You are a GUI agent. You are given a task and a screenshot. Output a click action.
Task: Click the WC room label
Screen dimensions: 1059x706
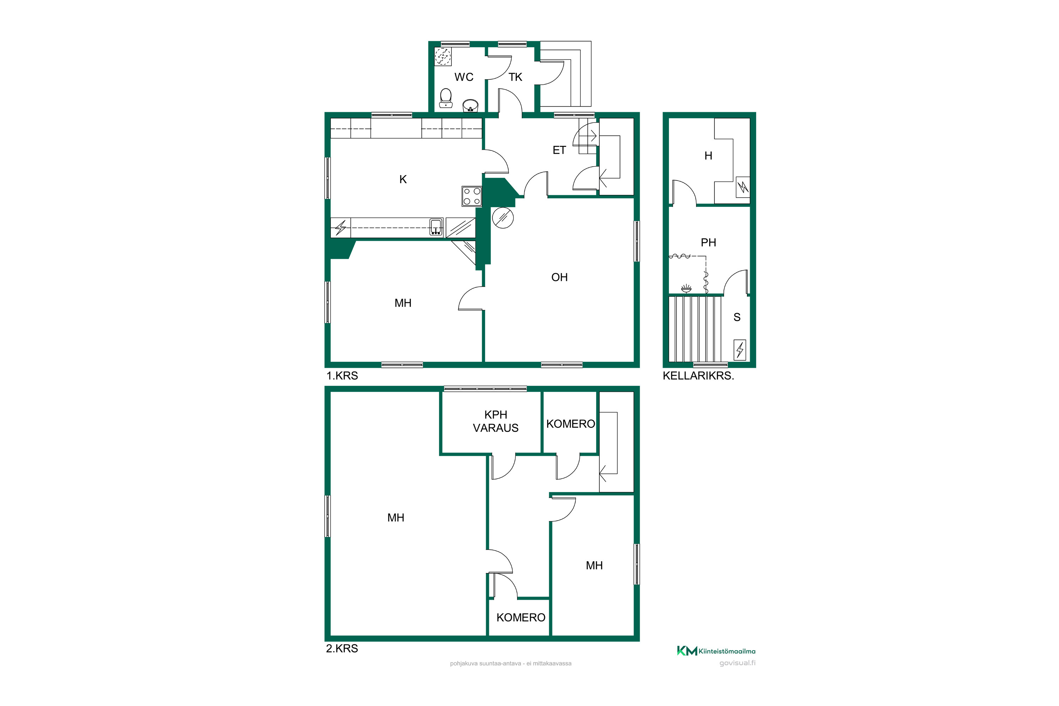click(464, 77)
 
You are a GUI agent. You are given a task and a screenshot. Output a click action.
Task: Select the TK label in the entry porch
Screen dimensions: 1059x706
click(515, 77)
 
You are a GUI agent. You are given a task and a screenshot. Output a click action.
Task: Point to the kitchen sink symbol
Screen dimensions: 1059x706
click(435, 227)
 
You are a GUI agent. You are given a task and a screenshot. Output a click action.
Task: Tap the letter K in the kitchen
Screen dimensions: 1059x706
click(403, 179)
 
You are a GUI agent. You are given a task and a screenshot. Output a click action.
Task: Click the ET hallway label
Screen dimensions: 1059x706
click(559, 150)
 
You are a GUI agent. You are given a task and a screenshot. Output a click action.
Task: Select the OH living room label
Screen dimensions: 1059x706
click(559, 277)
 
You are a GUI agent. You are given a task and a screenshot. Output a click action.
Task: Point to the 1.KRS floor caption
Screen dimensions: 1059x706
click(342, 376)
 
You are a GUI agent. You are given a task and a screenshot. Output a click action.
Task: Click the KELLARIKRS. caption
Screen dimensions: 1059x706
click(698, 376)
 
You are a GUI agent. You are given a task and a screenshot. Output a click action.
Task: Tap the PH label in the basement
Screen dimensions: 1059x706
click(708, 242)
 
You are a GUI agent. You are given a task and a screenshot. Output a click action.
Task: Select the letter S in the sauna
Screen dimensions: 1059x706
click(737, 317)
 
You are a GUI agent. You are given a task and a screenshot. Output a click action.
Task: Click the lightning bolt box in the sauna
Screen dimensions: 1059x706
click(740, 349)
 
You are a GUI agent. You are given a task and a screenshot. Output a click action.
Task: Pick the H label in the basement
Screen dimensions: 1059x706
click(708, 156)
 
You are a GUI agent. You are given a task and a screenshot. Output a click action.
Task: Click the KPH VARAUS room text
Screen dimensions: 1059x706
click(495, 421)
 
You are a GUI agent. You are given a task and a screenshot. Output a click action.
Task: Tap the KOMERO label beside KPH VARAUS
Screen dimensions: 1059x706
click(570, 424)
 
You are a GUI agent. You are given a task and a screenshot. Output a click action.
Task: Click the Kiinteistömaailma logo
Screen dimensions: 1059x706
click(716, 651)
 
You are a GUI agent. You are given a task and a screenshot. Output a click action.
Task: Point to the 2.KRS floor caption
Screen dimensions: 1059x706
click(342, 648)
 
